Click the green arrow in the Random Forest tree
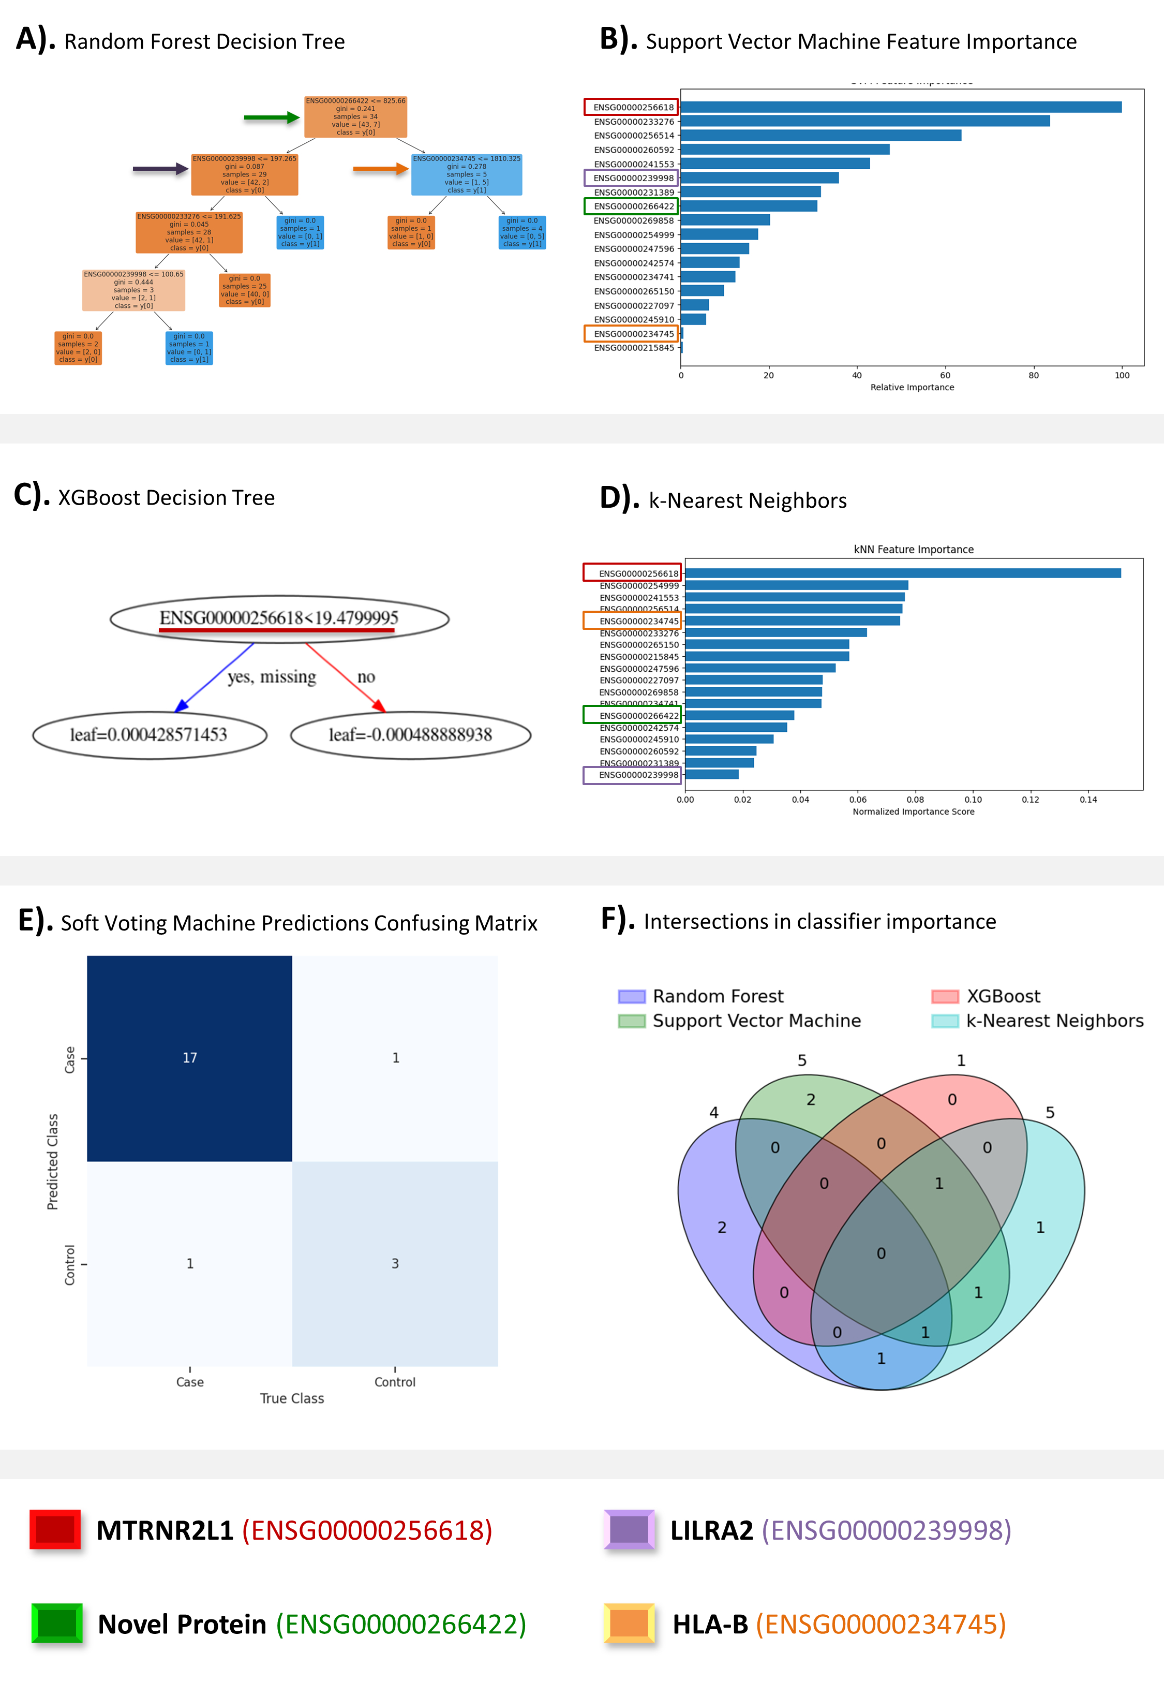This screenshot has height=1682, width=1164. coord(271,117)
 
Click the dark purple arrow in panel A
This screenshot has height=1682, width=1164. coord(160,169)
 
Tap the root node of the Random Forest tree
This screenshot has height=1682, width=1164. coord(355,116)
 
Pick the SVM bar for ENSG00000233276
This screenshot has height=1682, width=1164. coord(865,121)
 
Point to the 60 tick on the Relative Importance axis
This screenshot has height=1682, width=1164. coord(945,375)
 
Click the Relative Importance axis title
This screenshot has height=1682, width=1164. coord(912,387)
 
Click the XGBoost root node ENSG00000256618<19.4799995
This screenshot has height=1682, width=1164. coord(279,618)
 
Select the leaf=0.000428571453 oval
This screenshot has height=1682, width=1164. coord(150,734)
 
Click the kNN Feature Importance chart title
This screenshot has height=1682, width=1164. coord(913,549)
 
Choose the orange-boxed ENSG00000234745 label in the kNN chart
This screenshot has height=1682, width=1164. coord(632,621)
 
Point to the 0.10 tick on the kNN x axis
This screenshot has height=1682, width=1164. coord(973,800)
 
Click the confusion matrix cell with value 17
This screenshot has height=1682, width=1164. coord(190,1058)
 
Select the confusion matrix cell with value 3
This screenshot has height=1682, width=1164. coord(395,1263)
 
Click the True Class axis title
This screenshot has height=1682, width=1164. coord(292,1398)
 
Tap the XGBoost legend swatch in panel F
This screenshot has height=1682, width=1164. coord(945,996)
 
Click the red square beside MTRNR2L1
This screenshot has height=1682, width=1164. coord(55,1529)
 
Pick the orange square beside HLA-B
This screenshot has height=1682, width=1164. coord(629,1623)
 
